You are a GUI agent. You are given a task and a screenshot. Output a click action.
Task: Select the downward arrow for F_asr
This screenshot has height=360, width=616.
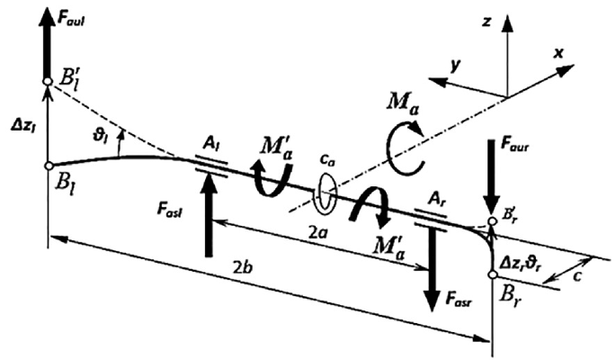(433, 270)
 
